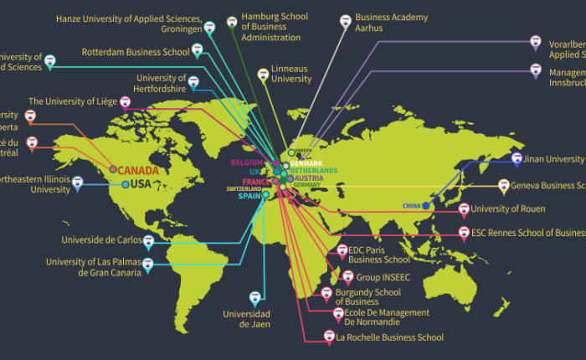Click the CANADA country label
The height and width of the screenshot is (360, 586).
(138, 170)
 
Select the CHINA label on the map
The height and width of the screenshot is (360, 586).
(411, 205)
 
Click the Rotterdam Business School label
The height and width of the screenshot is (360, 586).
(136, 52)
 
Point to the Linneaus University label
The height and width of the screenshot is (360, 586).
(291, 75)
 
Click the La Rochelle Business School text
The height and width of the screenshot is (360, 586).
(389, 337)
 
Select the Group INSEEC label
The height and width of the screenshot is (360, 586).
(383, 275)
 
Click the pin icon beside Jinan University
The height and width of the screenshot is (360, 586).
(517, 158)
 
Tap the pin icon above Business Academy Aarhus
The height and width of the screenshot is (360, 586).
(345, 20)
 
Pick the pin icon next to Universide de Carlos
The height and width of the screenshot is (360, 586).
(148, 242)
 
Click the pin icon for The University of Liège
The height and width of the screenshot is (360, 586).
(126, 103)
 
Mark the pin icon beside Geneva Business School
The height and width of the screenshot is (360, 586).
(504, 185)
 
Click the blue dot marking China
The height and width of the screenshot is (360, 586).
(426, 205)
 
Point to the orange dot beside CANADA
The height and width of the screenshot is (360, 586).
(113, 169)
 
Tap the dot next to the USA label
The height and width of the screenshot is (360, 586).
(126, 184)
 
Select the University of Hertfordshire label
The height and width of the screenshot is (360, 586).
(161, 84)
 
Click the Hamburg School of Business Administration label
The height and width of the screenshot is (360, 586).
(270, 27)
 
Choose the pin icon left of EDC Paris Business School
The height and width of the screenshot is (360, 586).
(341, 249)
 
